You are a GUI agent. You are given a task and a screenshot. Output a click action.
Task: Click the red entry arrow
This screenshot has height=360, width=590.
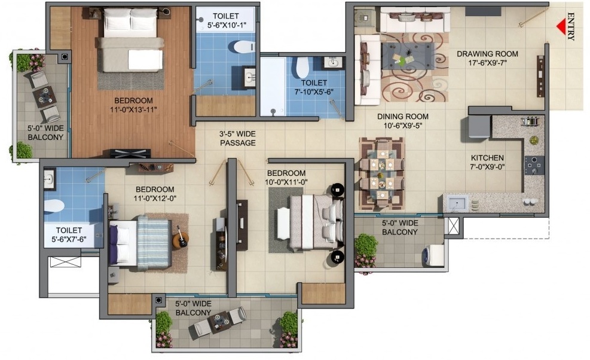(x=561, y=27)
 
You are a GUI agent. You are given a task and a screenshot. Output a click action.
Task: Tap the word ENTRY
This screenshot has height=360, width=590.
(x=571, y=27)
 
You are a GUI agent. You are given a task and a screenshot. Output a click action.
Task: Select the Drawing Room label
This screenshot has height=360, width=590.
(x=487, y=54)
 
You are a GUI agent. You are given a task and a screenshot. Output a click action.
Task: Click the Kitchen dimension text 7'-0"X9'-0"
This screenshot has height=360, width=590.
(x=487, y=166)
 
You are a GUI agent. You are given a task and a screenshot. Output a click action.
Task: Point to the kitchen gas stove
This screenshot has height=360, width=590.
(x=534, y=164)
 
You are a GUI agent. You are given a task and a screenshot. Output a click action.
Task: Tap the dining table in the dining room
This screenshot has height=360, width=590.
(x=382, y=173)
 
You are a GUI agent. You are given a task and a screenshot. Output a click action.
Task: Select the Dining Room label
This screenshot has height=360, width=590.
(x=403, y=117)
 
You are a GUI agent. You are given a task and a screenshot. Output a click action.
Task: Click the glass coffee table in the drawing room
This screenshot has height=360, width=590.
(x=408, y=56)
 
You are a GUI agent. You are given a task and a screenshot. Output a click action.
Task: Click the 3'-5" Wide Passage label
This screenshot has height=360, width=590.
(x=238, y=138)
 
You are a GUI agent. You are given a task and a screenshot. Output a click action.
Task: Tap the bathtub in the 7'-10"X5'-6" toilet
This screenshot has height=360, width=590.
(x=273, y=87)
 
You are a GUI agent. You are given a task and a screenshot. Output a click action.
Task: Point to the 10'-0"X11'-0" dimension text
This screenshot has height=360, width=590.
(x=286, y=182)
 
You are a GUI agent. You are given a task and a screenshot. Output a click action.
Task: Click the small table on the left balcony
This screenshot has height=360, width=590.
(x=44, y=96)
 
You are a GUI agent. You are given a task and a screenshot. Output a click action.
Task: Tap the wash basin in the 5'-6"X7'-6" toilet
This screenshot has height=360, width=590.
(x=49, y=178)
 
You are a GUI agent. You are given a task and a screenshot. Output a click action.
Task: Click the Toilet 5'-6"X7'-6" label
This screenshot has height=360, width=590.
(x=69, y=234)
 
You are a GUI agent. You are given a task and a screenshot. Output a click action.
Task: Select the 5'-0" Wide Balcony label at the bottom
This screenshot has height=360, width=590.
(x=194, y=308)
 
